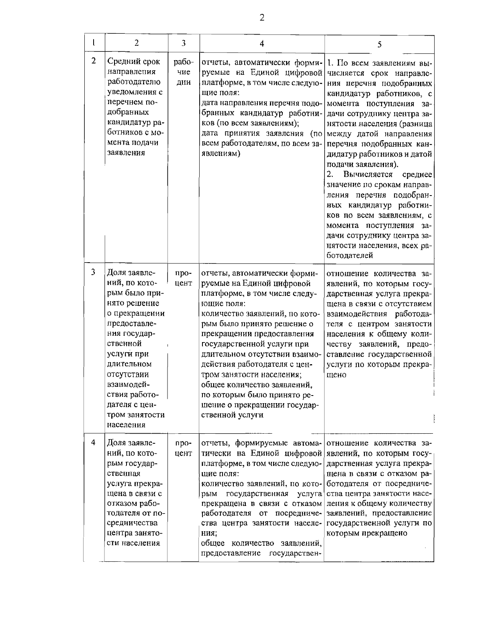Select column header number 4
tap(261, 43)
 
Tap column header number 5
tap(379, 44)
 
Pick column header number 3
tap(183, 43)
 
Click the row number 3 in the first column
tap(93, 272)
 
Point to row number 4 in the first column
tap(93, 442)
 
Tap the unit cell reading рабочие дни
tap(183, 72)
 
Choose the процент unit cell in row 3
tap(183, 278)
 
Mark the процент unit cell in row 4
tap(183, 449)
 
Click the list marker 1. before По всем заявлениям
tap(330, 63)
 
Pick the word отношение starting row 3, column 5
tap(347, 274)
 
